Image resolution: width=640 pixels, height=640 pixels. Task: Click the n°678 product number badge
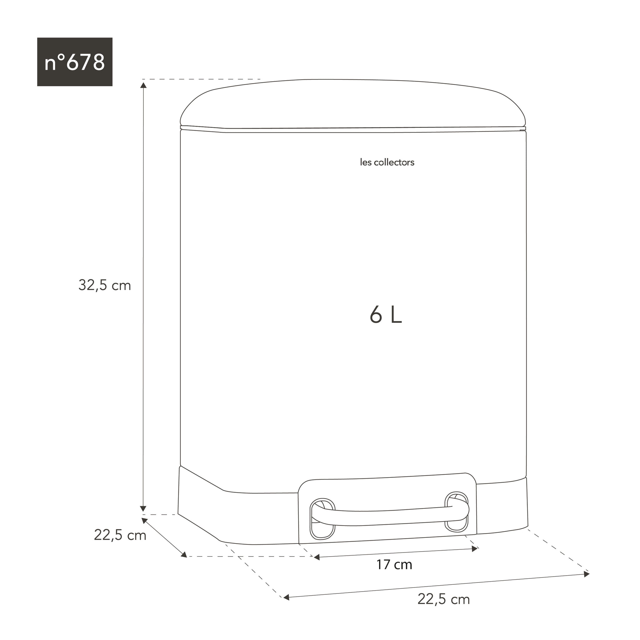tap(75, 62)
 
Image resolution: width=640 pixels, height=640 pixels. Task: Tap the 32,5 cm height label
tap(105, 285)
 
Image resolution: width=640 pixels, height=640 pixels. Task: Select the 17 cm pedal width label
tap(394, 564)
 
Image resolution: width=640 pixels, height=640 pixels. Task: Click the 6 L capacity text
tap(386, 315)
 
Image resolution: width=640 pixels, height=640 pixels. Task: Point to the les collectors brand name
tap(387, 162)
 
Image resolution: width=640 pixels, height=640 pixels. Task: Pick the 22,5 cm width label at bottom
tap(443, 599)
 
